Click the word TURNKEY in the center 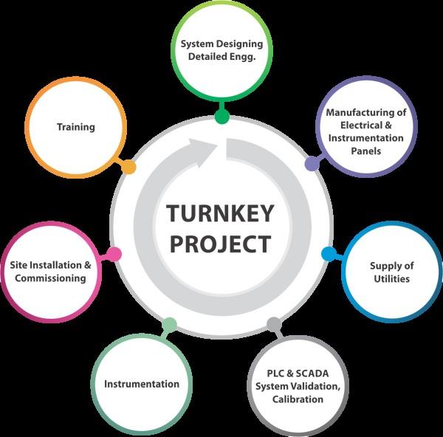[219, 214]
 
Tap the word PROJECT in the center [219, 244]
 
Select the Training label [76, 127]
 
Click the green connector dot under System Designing [221, 117]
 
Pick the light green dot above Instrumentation [169, 324]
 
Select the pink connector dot [114, 254]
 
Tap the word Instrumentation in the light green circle [142, 384]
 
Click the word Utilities [390, 279]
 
